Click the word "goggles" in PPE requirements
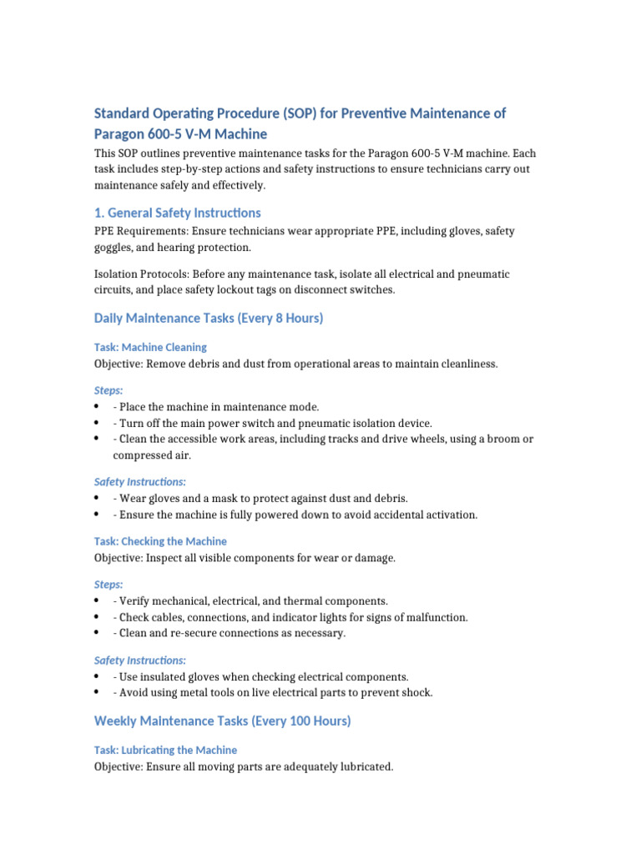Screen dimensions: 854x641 (x=114, y=248)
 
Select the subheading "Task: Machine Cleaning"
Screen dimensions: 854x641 (x=149, y=347)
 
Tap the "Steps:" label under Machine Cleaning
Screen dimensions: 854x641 (x=108, y=389)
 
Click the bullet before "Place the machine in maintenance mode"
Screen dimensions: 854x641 (x=98, y=407)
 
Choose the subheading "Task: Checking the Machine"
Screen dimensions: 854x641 (x=159, y=541)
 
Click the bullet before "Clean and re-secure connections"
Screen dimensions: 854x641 (x=98, y=634)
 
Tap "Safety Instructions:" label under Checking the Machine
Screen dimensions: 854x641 (x=139, y=660)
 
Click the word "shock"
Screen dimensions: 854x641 (x=415, y=693)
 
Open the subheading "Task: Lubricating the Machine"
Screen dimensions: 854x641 (x=164, y=750)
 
